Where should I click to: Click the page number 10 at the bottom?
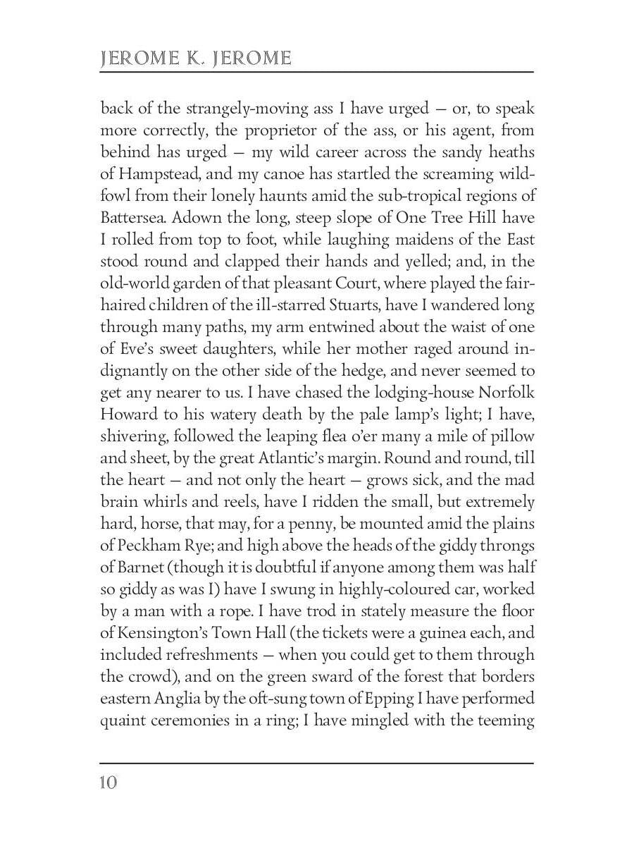pos(108,783)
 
